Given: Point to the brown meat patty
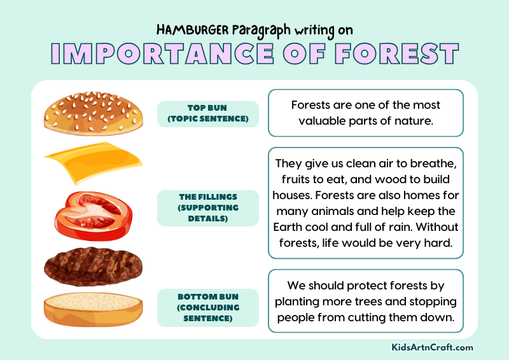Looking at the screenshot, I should (93, 266).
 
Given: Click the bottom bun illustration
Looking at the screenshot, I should (93, 309).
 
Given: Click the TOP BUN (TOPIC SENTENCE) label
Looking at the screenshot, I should (208, 114).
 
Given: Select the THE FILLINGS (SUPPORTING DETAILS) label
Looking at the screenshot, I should (208, 208).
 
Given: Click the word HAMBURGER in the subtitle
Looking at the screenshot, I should (191, 30).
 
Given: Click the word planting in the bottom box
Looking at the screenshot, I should (298, 301).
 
